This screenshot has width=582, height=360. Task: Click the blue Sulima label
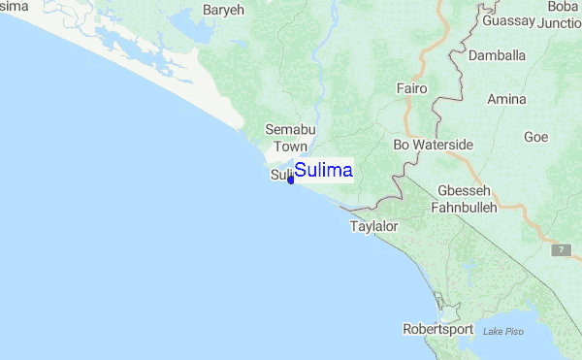(323, 171)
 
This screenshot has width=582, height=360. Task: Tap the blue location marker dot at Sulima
(291, 179)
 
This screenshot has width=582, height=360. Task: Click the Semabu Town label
(289, 138)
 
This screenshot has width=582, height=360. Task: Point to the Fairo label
(412, 88)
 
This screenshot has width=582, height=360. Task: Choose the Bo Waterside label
(433, 145)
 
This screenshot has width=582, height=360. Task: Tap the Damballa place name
(497, 55)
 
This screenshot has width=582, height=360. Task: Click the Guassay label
(507, 20)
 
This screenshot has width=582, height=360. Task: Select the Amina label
(506, 99)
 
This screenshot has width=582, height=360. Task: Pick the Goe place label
(535, 137)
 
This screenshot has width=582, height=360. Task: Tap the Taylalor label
(373, 226)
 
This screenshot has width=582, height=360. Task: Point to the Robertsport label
(441, 329)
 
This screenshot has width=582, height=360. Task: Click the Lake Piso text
(502, 332)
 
